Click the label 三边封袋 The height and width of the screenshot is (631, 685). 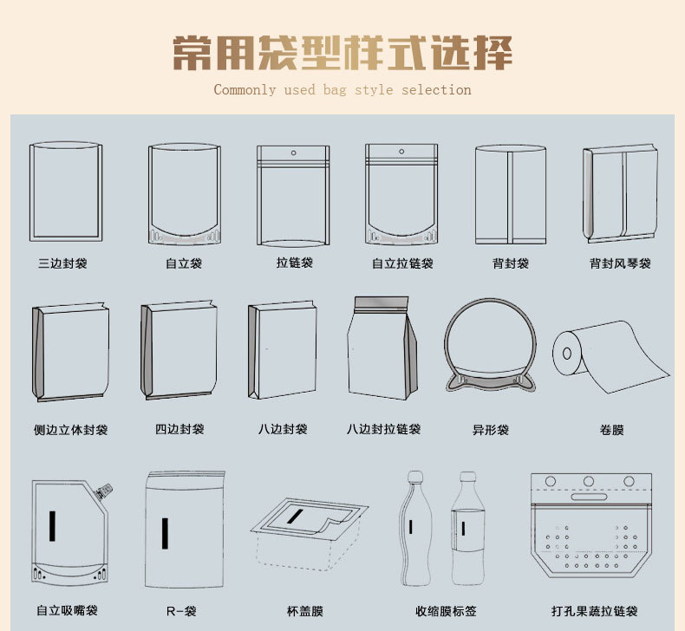[63, 263]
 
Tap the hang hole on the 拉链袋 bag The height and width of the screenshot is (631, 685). [294, 153]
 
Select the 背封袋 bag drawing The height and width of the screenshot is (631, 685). [511, 194]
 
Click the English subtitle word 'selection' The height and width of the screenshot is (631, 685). [436, 90]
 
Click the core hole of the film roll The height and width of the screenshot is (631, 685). [567, 353]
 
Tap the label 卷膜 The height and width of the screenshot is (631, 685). [611, 430]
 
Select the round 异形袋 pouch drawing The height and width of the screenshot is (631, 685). [490, 345]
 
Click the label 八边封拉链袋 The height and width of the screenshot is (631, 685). [383, 429]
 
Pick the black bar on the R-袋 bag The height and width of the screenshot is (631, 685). [165, 533]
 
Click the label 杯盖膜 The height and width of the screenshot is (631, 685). [305, 611]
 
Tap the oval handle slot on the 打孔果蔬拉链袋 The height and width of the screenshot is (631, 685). [589, 497]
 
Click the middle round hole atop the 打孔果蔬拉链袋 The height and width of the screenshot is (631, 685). [589, 481]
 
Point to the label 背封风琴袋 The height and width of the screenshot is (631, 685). [620, 263]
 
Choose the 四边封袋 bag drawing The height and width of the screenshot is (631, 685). [179, 350]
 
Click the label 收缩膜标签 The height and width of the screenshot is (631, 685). [446, 611]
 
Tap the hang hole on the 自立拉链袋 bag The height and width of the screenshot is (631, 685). [401, 152]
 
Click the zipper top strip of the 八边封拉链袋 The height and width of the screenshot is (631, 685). [382, 302]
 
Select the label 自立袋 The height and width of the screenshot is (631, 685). [184, 263]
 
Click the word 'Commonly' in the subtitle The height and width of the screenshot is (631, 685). [245, 90]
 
